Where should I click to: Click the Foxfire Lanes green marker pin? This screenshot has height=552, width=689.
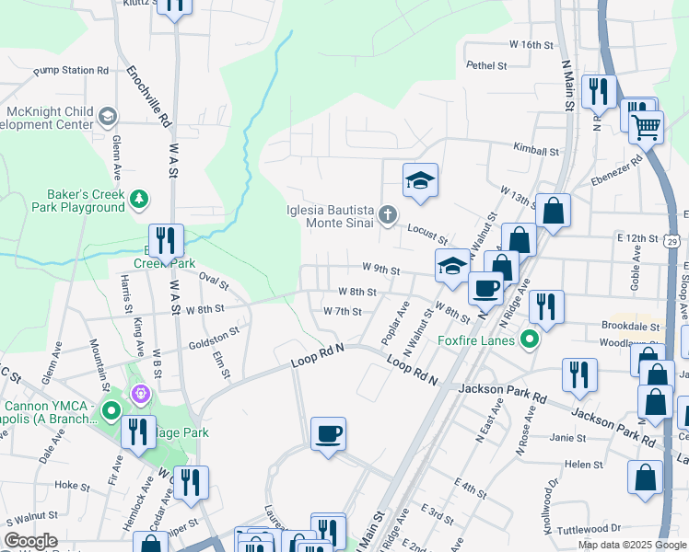coord(529,340)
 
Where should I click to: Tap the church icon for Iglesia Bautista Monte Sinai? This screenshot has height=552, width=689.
coord(388,216)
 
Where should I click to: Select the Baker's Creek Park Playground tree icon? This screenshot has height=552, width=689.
coord(138,198)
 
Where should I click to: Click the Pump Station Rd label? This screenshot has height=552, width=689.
coord(71,70)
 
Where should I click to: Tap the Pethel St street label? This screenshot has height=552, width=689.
coord(486,65)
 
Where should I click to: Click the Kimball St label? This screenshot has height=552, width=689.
coord(537,149)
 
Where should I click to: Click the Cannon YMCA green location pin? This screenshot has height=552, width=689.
coord(111,410)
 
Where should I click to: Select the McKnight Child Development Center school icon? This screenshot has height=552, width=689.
coord(108,116)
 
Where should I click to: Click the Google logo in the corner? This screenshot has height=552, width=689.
coord(30,541)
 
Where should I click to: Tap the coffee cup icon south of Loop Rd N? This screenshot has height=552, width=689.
coord(327,432)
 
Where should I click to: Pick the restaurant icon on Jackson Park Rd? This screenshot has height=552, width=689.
coord(579,374)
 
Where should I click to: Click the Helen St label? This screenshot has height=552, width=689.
coord(584,465)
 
